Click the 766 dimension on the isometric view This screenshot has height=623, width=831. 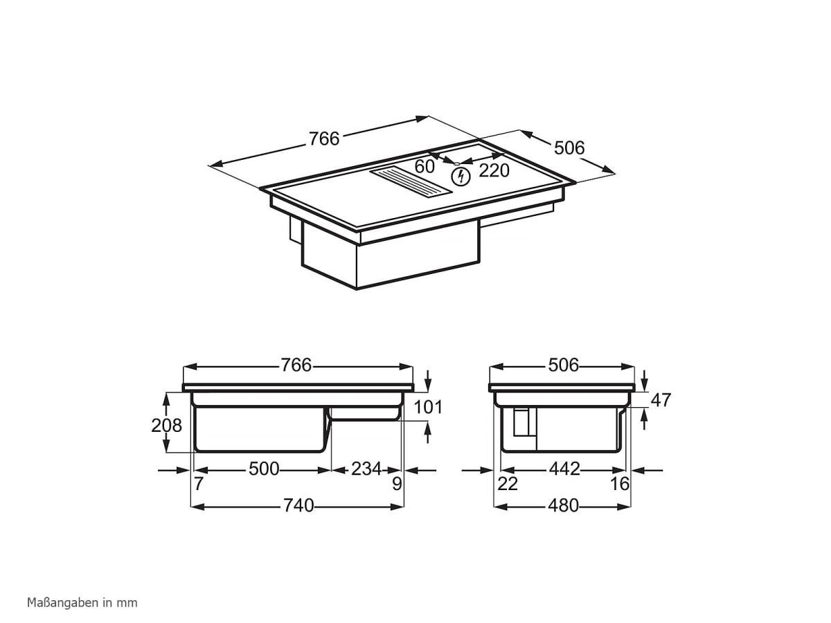point(324,138)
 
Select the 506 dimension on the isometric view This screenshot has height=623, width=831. point(569,147)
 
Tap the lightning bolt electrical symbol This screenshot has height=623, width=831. point(460,177)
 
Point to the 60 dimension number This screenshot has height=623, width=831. point(425,167)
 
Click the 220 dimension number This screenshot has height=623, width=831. point(494,170)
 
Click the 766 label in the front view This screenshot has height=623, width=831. point(296,365)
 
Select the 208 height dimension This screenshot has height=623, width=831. point(167,424)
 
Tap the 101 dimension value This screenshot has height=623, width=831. point(428,407)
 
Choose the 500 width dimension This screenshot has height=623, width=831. point(264,469)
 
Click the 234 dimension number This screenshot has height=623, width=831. point(366,469)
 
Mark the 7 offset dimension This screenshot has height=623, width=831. point(199,484)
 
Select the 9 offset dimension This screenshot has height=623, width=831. point(397,484)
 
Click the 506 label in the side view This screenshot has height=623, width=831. point(563,365)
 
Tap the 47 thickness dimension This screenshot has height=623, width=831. point(661,400)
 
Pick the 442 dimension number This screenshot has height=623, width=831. point(564,469)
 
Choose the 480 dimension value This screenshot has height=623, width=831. point(563,506)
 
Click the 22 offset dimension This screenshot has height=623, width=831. point(508,484)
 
